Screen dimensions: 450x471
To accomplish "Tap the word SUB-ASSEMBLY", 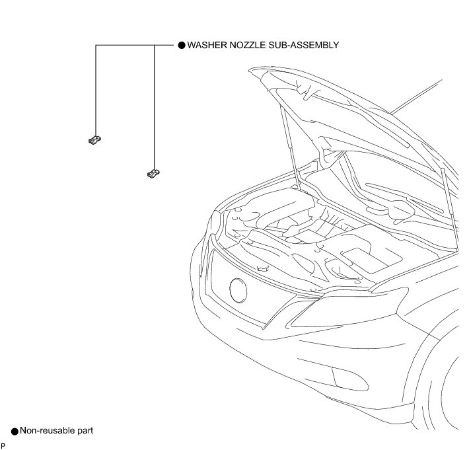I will pos(307,46).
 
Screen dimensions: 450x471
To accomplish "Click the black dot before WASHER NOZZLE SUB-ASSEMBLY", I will pos(182,46).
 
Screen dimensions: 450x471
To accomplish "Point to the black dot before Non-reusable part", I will pos(15,431).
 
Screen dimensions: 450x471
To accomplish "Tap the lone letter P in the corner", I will pos(3,446).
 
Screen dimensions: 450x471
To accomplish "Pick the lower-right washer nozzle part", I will pos(153,173).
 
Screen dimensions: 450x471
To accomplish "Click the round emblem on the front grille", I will pos(238,289).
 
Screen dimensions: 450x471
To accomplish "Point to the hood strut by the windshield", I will pos(447,205).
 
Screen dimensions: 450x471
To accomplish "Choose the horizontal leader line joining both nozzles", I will pos(126,46).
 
